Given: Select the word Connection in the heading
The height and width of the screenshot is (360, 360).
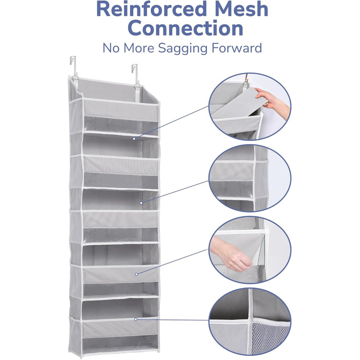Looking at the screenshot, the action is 185,28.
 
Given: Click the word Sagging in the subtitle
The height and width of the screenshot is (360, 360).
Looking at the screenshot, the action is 183,48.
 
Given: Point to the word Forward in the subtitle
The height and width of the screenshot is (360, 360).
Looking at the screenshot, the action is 237,48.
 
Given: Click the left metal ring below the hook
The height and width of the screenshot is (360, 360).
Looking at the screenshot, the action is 75,79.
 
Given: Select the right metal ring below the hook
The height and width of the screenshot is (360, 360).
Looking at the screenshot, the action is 137,86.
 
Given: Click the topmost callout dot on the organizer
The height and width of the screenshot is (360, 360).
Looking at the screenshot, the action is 134,139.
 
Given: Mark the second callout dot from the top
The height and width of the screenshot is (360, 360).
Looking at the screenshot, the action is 141,203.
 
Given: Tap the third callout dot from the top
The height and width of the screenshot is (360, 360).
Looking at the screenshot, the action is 136,274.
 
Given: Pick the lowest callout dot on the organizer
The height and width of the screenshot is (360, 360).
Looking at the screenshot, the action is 136,319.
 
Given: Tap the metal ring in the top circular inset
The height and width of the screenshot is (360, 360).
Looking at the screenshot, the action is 246,84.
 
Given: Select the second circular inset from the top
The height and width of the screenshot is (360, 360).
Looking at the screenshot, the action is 250,178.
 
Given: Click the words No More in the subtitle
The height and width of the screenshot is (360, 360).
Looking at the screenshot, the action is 129,48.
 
